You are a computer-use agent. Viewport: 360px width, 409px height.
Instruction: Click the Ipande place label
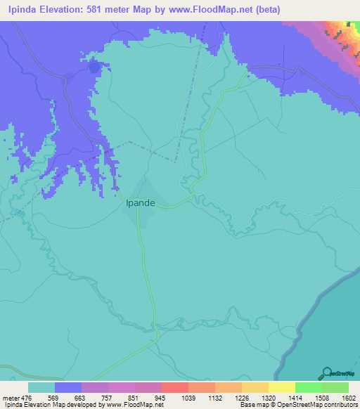point(141,203)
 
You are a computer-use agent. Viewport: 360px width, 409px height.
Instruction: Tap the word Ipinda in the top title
point(21,10)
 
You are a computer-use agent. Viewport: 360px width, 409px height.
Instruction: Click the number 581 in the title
point(102,10)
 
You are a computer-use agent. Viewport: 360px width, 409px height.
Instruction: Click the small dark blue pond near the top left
point(94,68)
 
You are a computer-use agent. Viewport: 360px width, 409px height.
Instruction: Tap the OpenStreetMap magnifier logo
point(325,373)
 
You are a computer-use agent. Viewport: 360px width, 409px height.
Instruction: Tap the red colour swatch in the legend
point(174,387)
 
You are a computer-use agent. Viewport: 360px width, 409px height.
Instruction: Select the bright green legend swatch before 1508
point(308,387)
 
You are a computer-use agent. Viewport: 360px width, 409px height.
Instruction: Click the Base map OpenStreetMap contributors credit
point(298,405)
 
